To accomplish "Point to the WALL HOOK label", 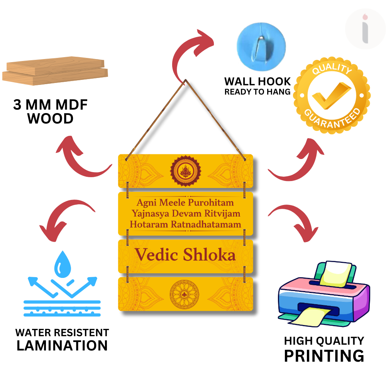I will [x=257, y=81].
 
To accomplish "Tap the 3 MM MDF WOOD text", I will [x=51, y=112].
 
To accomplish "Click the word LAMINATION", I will [x=62, y=345].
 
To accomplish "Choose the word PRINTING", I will [x=324, y=356].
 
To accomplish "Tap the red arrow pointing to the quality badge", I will [x=297, y=162].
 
